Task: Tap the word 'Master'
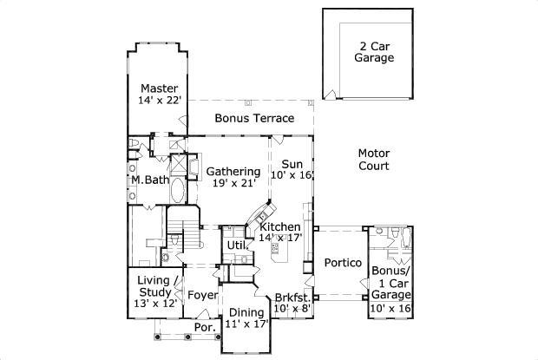pyautogui.click(x=160, y=88)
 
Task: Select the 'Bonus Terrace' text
pyautogui.click(x=254, y=118)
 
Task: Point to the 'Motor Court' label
pyautogui.click(x=373, y=159)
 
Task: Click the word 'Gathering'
pyautogui.click(x=233, y=171)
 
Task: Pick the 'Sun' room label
pyautogui.click(x=292, y=163)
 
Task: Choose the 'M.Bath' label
pyautogui.click(x=150, y=180)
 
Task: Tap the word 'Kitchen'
pyautogui.click(x=280, y=226)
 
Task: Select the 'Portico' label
pyautogui.click(x=342, y=263)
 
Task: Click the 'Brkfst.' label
pyautogui.click(x=292, y=295)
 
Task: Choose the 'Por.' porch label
pyautogui.click(x=204, y=329)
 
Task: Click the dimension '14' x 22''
pyautogui.click(x=160, y=101)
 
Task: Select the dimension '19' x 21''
pyautogui.click(x=233, y=184)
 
